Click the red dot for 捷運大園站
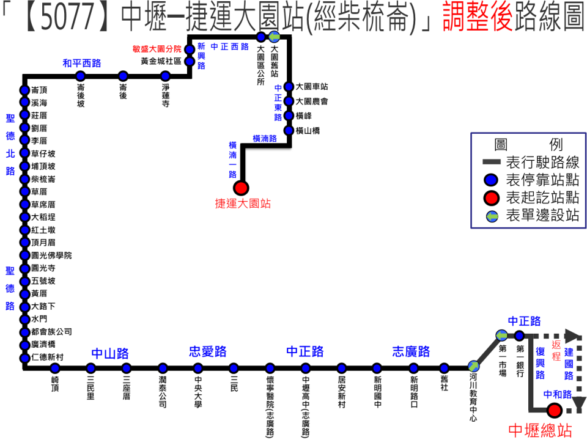coord(241,188)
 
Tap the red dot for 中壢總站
coord(555,410)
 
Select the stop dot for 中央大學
coord(198,368)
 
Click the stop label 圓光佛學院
coord(51,255)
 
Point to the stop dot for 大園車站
coord(290,87)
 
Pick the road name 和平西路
coord(81,63)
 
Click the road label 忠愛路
coord(207,352)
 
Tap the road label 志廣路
coord(411,352)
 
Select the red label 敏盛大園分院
coord(157,49)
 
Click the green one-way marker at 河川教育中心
coord(473,367)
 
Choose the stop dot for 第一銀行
coord(519,335)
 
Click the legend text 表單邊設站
coord(542,216)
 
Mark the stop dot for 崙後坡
coord(80,76)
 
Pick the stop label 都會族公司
coord(51,332)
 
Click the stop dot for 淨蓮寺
coord(165,76)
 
